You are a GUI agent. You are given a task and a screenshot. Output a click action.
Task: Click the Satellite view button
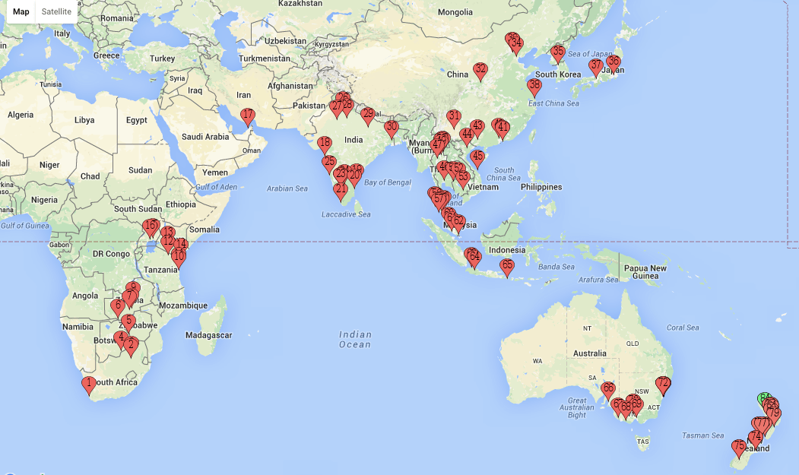click(57, 11)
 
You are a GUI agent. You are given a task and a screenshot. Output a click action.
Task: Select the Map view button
click(21, 11)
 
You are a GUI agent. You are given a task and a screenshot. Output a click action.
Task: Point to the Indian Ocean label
click(355, 339)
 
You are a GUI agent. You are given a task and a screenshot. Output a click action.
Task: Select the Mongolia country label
click(455, 11)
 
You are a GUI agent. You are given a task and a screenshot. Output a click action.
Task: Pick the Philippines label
click(541, 187)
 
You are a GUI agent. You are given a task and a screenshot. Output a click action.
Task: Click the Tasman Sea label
click(702, 435)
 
